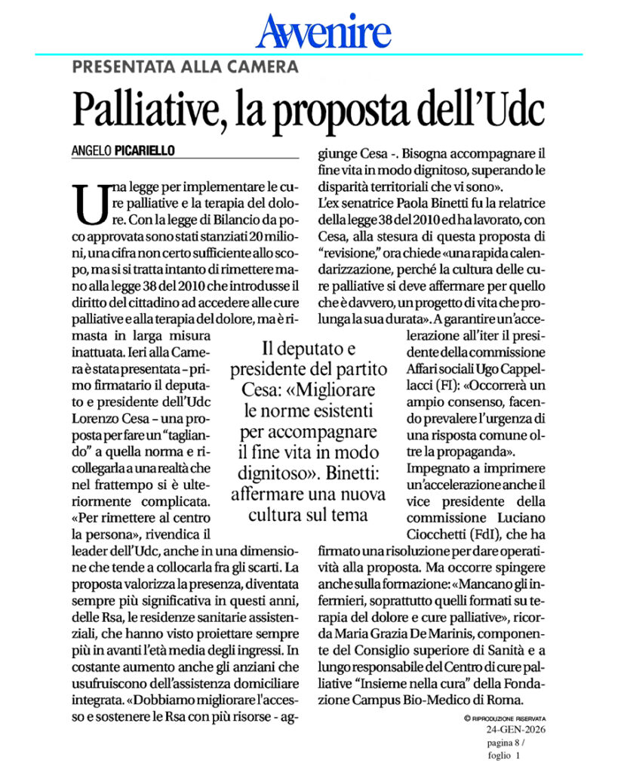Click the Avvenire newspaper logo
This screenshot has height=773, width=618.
pos(323,32)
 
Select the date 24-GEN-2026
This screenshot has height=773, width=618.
pos(516,730)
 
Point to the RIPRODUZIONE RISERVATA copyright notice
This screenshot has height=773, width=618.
pos(505,718)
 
